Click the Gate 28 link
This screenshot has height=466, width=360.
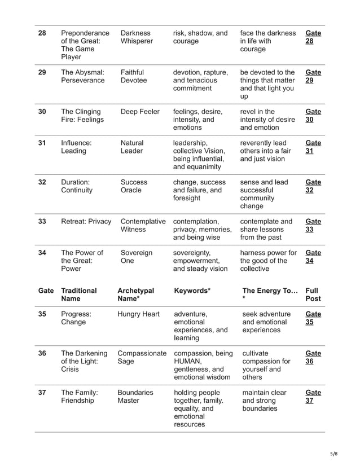pos(313,37)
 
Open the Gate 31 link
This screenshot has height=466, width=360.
pos(313,147)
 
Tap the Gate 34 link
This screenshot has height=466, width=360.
pos(313,257)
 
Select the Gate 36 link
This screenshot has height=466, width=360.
pos(313,358)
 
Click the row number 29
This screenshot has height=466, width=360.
pos(42,73)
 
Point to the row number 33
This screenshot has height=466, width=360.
pos(42,222)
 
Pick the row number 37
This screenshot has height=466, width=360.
pos(42,393)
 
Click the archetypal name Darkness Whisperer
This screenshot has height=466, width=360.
pos(137,37)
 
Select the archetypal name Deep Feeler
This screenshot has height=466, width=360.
pos(140,112)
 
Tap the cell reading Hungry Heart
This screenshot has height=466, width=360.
pos(138,314)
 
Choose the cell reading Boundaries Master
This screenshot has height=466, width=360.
pos(135,397)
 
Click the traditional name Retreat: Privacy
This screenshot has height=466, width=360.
pos(86,222)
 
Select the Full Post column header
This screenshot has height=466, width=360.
pos(313,294)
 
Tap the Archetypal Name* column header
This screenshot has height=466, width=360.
pos(135,294)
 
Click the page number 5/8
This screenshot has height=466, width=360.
pos(335,453)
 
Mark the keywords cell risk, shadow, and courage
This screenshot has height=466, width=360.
pos(200,37)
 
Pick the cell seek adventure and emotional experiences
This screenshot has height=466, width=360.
pos(266,322)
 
